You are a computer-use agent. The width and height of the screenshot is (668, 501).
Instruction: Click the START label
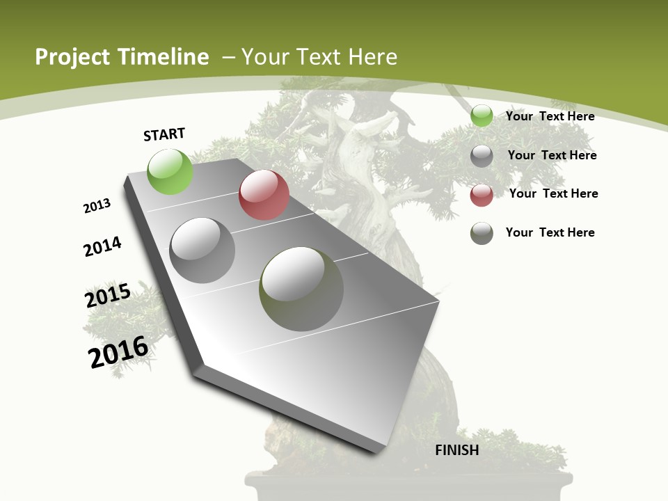point(164,134)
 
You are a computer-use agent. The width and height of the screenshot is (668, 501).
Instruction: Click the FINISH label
point(457,450)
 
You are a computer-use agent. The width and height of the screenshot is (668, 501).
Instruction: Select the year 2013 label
point(97,206)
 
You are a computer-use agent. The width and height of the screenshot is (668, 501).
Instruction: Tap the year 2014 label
point(103,246)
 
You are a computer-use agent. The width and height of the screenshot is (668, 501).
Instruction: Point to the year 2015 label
point(108,296)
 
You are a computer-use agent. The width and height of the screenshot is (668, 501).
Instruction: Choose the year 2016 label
point(118,352)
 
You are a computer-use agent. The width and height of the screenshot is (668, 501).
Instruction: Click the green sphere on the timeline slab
point(170,171)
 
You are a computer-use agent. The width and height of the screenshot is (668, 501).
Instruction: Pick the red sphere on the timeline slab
point(264,195)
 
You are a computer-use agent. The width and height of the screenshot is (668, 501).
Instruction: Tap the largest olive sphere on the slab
point(301,289)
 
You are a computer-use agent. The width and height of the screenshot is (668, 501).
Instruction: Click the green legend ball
point(482,116)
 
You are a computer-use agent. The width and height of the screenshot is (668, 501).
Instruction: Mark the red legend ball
point(482,195)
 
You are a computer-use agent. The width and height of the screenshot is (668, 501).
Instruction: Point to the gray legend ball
point(482,156)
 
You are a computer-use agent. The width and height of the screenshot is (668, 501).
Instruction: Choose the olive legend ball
point(482,233)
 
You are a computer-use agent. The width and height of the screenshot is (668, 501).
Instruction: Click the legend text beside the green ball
point(550,116)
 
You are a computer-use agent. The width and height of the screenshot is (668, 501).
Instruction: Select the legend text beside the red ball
point(553,193)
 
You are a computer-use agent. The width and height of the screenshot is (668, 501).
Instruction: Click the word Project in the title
point(73,57)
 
